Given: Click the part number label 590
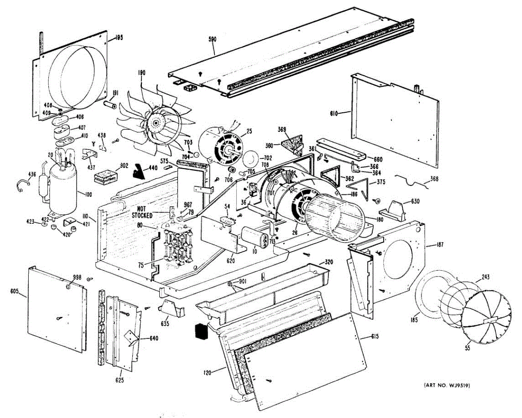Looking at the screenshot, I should coord(212,39).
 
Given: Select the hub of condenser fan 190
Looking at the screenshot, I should coord(155,124).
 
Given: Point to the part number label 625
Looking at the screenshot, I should coord(120,380).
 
